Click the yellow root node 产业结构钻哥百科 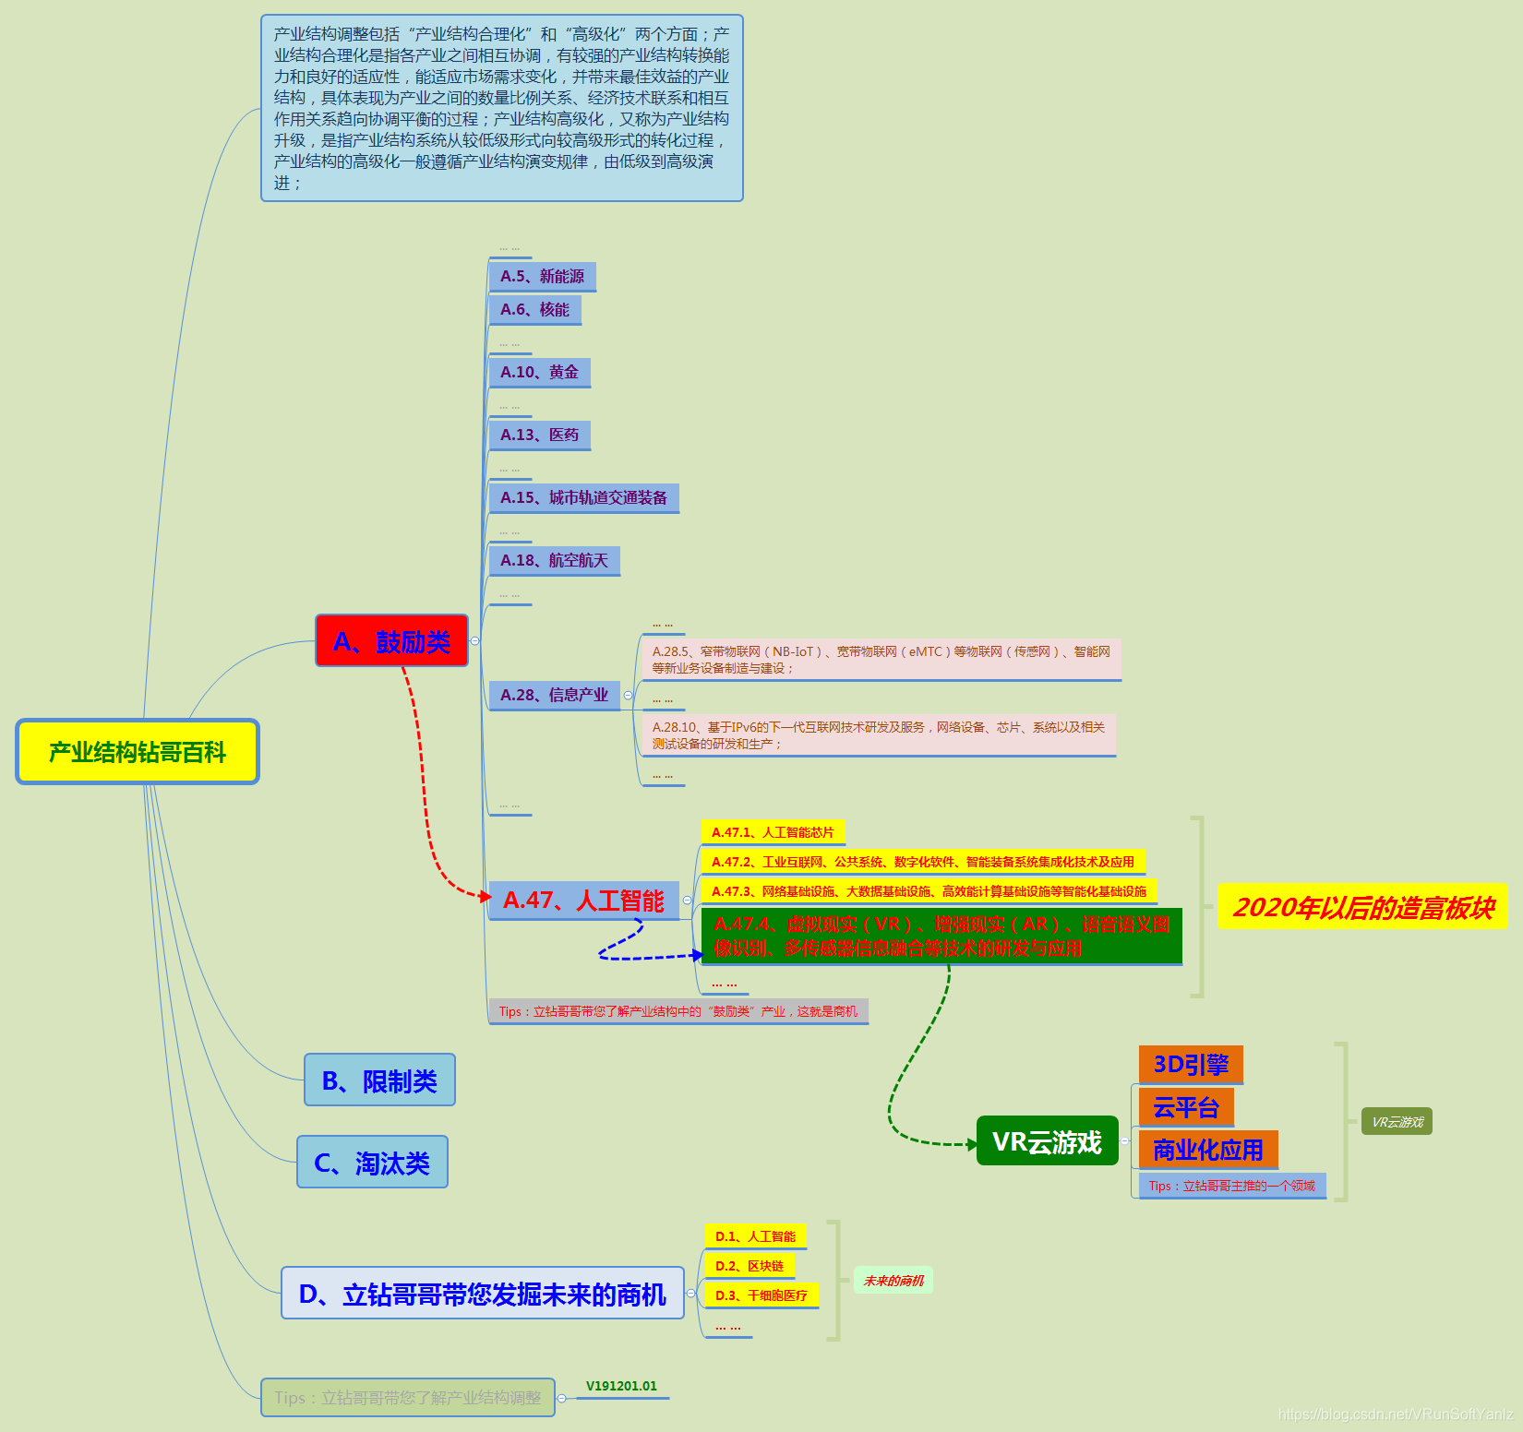click(138, 752)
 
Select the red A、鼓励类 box click(391, 640)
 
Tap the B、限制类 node click(379, 1080)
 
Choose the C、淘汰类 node click(372, 1163)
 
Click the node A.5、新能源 click(542, 276)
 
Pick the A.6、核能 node click(534, 309)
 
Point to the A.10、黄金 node click(539, 372)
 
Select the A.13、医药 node click(539, 435)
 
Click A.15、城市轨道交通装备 click(583, 497)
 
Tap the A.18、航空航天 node click(554, 560)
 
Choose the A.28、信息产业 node click(554, 695)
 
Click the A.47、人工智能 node click(583, 901)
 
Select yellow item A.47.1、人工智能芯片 click(773, 832)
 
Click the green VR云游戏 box click(1047, 1141)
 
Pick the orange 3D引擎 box click(1191, 1065)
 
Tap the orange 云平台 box click(1186, 1107)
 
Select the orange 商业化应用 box click(1207, 1150)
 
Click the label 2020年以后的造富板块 click(1362, 907)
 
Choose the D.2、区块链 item click(749, 1266)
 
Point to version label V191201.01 click(621, 1386)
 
